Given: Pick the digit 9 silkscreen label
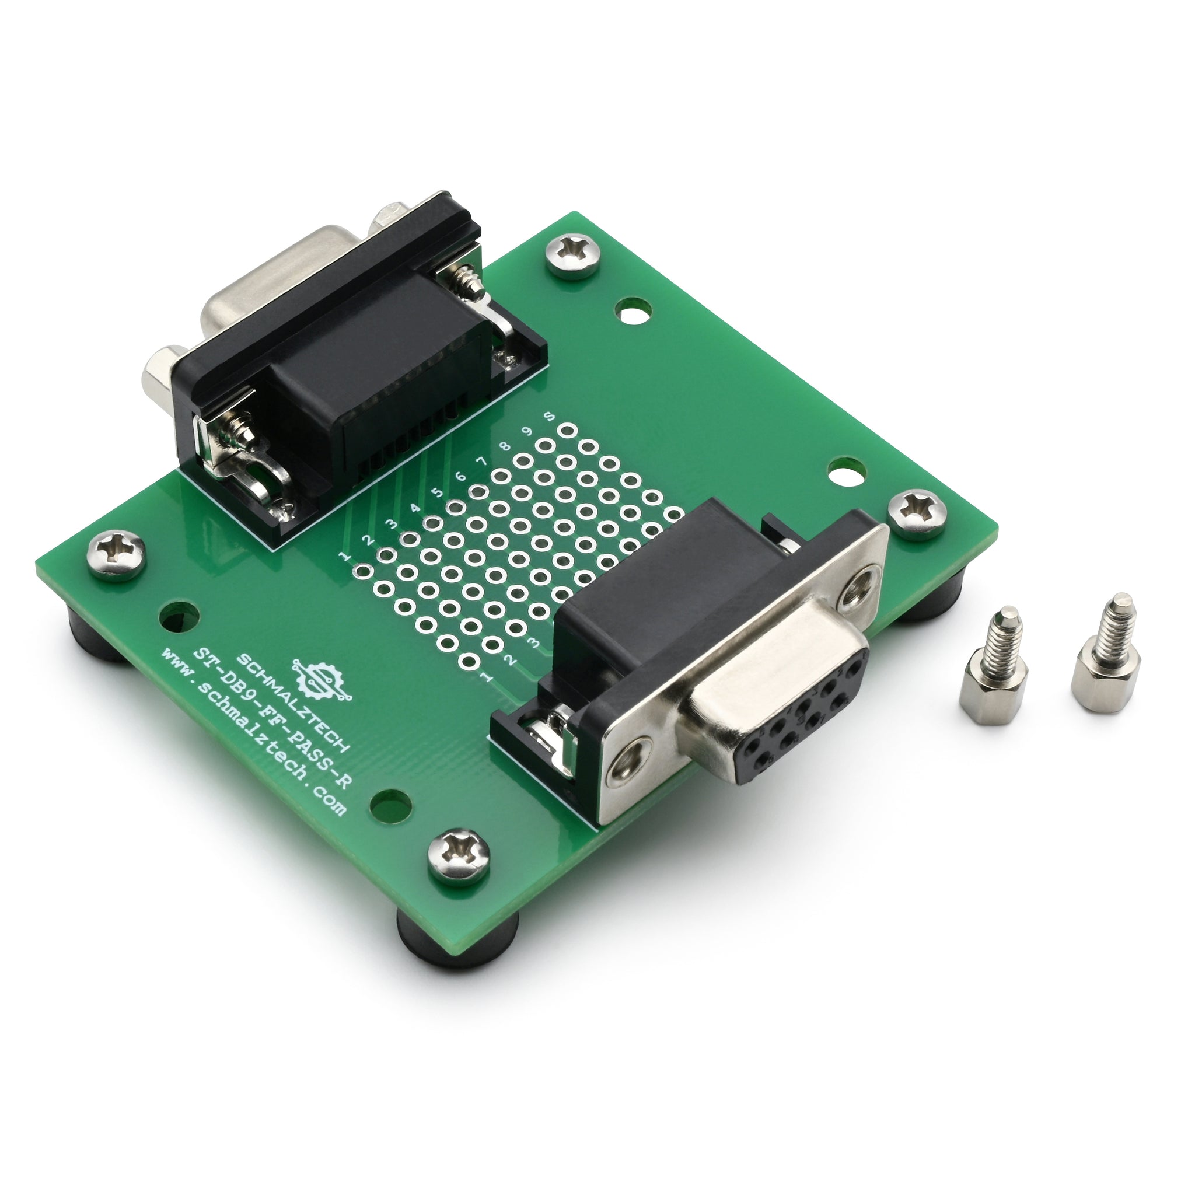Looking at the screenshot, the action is tap(527, 431).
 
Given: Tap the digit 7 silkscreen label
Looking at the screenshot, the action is tap(482, 462).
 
